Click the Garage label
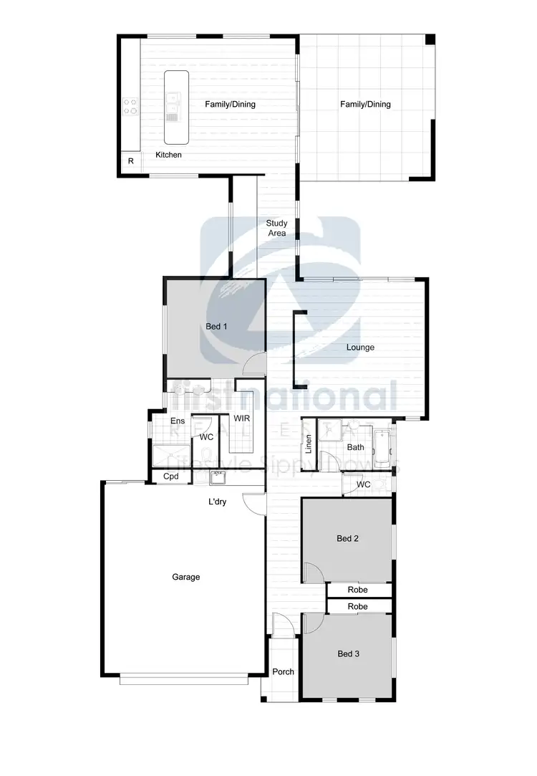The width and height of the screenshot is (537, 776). [x=185, y=577]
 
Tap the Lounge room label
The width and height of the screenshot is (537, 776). [x=360, y=348]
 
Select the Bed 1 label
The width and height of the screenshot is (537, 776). [x=216, y=327]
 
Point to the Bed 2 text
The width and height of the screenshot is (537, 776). [x=347, y=539]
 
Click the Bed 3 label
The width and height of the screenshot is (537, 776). [x=348, y=653]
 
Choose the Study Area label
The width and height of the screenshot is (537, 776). [x=276, y=229]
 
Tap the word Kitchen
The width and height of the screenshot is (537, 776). [x=168, y=155]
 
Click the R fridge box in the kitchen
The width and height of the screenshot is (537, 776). [x=130, y=162]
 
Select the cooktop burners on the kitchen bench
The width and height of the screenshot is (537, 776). [x=130, y=107]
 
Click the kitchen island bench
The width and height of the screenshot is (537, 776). [x=173, y=107]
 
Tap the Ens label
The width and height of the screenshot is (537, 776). [x=178, y=421]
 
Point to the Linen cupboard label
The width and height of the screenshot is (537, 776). [x=309, y=444]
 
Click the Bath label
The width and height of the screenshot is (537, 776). [x=355, y=447]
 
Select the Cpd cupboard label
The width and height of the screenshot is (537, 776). [x=170, y=476]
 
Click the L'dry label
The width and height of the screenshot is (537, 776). [x=218, y=502]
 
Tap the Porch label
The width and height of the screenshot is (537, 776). [x=284, y=672]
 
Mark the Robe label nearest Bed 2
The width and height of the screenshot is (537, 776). [x=358, y=590]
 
